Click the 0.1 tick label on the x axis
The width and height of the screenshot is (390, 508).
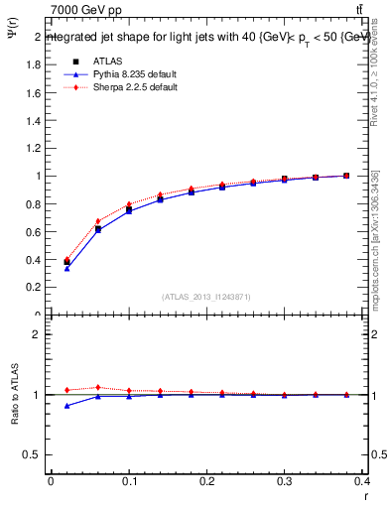[x=129, y=485]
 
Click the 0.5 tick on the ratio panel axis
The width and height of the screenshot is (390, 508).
[x=36, y=454]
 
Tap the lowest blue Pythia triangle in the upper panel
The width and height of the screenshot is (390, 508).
[x=66, y=268]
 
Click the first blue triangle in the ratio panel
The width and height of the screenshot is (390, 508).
[x=66, y=406]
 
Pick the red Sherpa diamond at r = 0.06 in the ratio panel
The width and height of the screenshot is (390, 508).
[x=97, y=388]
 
